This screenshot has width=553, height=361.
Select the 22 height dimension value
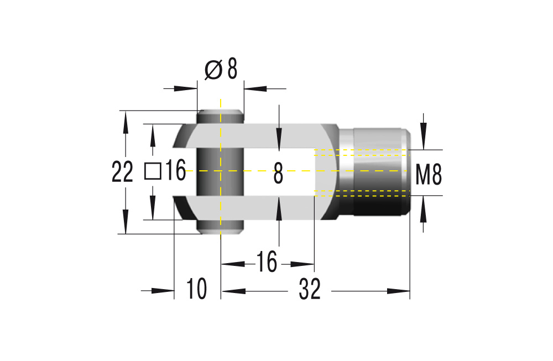pyautogui.click(x=122, y=173)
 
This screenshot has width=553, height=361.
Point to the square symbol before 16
pyautogui.click(x=153, y=171)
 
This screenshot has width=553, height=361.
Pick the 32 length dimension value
pyautogui.click(x=310, y=289)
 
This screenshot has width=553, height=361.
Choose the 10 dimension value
pyautogui.click(x=196, y=289)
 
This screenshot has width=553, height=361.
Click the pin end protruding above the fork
pyautogui.click(x=220, y=116)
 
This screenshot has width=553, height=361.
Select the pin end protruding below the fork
pyautogui.click(x=220, y=227)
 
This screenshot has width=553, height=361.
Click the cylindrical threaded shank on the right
pyautogui.click(x=376, y=172)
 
